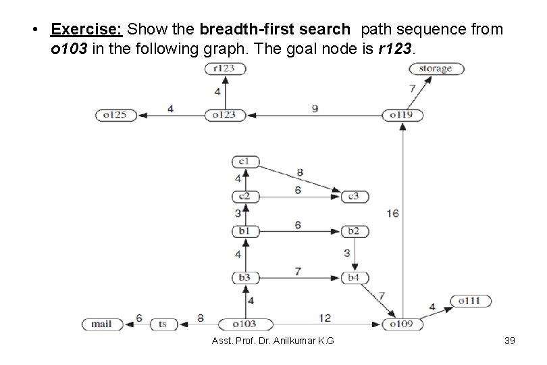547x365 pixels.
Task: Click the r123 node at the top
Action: point(225,68)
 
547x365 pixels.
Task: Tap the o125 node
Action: point(116,115)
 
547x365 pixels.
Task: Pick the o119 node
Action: point(402,115)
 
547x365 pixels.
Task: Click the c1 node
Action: point(244,162)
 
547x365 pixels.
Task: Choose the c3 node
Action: point(354,196)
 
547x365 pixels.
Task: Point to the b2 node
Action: point(354,231)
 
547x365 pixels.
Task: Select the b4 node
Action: point(354,277)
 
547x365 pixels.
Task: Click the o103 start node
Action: point(238,324)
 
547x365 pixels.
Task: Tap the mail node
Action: point(102,324)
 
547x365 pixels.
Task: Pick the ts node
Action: point(163,324)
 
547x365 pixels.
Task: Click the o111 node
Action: point(470,301)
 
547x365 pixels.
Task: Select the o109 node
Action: point(402,324)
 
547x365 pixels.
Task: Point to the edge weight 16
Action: point(392,214)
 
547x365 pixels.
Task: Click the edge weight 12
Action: point(325,317)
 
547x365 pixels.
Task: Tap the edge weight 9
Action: point(315,107)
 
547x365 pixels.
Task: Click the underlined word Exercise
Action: point(86,30)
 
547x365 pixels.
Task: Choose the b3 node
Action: point(244,277)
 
